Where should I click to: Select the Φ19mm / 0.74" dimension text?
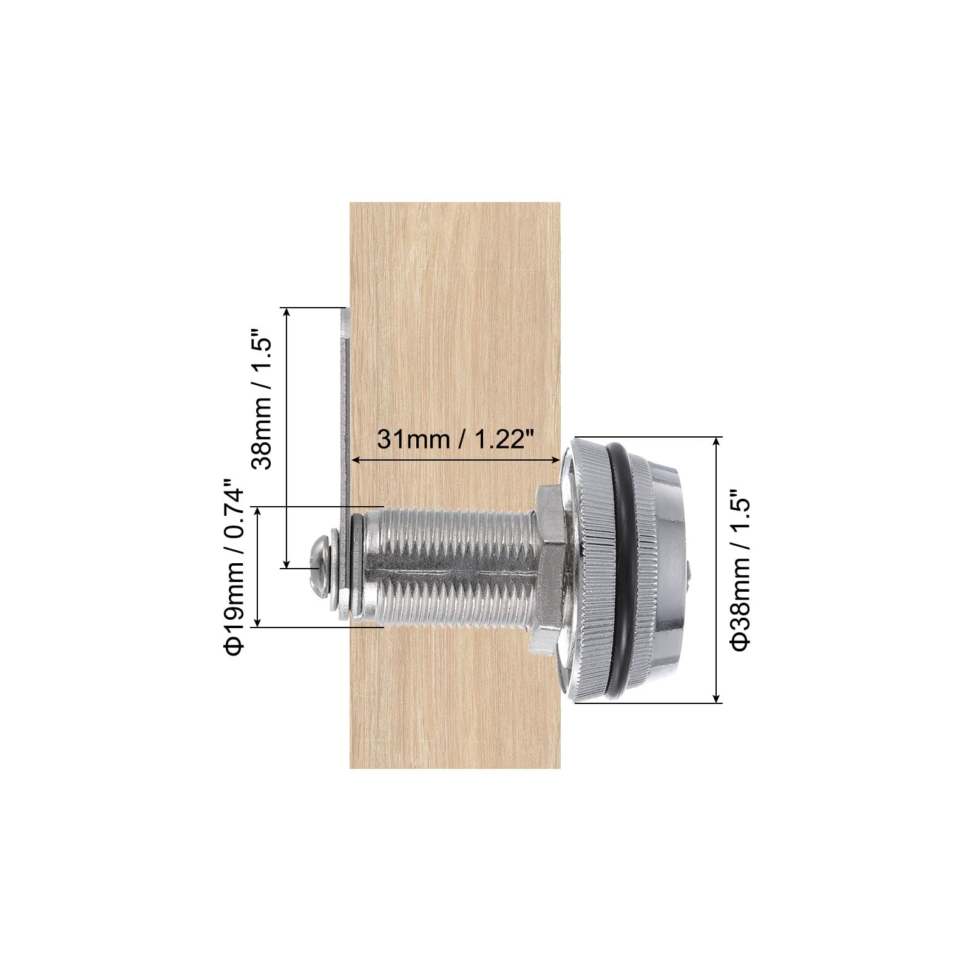[x=234, y=567]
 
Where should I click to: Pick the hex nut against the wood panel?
[x=550, y=570]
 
